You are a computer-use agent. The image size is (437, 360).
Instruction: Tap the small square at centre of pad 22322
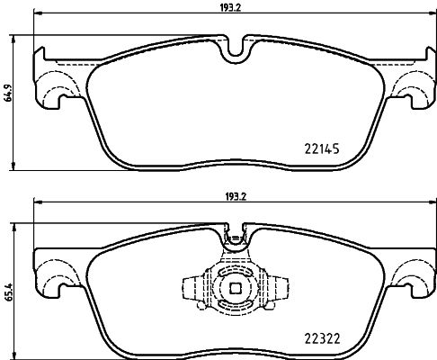[236, 289]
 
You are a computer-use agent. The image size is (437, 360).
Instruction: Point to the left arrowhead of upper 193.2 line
[37, 13]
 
